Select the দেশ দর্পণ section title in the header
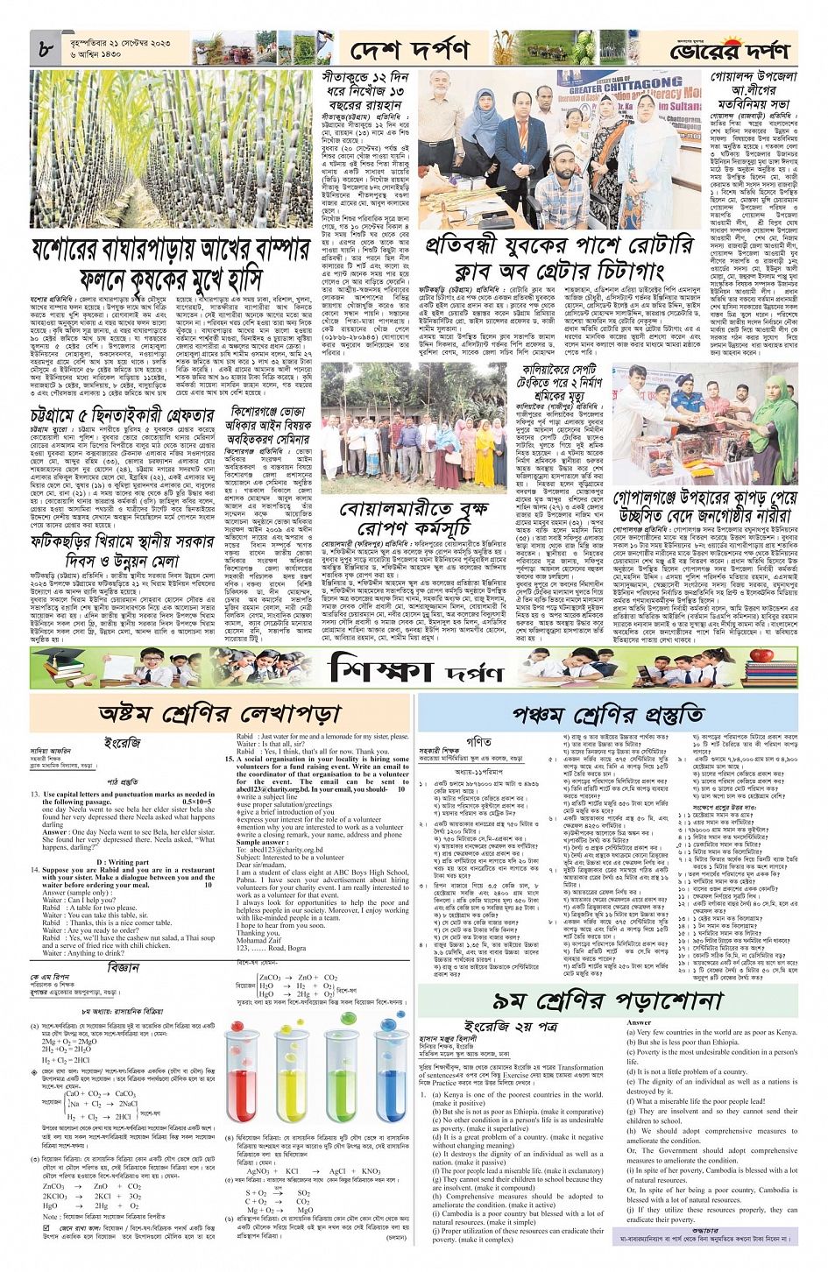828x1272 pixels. click(409, 50)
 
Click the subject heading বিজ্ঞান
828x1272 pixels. click(124, 967)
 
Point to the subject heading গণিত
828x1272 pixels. click(478, 741)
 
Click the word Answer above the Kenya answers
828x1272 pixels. click(640, 1022)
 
